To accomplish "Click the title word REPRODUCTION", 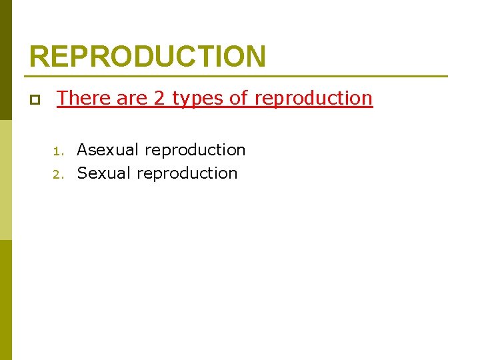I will point(147,57).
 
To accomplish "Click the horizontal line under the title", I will point(238,76).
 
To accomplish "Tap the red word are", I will point(132,99).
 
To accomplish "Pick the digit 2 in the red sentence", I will point(159,98).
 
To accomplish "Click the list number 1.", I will point(58,151).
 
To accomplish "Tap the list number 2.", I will point(58,174).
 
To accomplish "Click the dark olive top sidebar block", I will point(6,60).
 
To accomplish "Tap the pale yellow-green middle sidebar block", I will point(6,180).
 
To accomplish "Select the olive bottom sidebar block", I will point(6,300).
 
